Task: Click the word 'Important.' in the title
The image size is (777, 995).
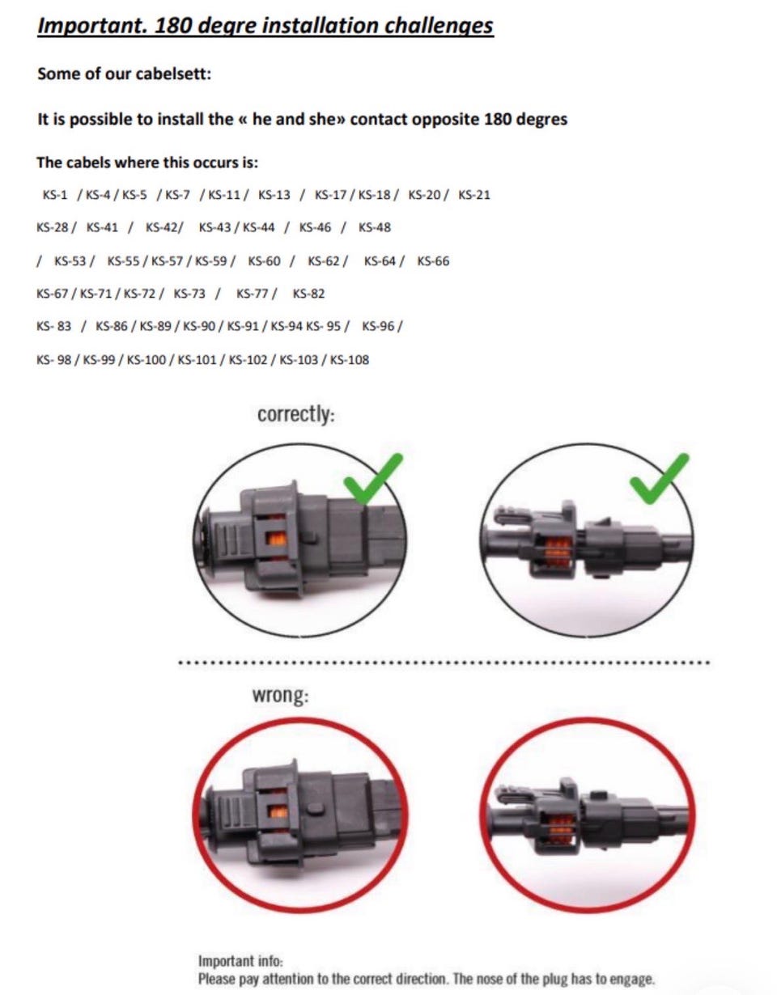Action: click(x=93, y=26)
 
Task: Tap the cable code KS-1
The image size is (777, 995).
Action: click(x=54, y=195)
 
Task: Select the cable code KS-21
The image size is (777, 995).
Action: click(x=474, y=195)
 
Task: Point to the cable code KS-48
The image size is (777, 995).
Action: click(x=374, y=227)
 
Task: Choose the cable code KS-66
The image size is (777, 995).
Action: click(x=433, y=261)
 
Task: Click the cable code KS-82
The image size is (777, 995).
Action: click(x=309, y=294)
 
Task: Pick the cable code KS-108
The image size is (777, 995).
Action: click(x=350, y=360)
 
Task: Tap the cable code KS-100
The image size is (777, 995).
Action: click(x=146, y=360)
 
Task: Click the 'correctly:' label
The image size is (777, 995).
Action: click(x=296, y=414)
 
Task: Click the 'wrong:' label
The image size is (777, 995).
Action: click(x=280, y=695)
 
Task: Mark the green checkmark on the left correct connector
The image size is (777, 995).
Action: click(x=373, y=480)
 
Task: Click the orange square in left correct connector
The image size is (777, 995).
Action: click(x=277, y=539)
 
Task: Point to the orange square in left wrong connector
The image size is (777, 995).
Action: click(x=278, y=812)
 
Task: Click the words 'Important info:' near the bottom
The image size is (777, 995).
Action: click(x=240, y=960)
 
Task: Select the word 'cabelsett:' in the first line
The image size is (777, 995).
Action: click(x=174, y=74)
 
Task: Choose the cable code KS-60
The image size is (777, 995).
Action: click(x=265, y=261)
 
